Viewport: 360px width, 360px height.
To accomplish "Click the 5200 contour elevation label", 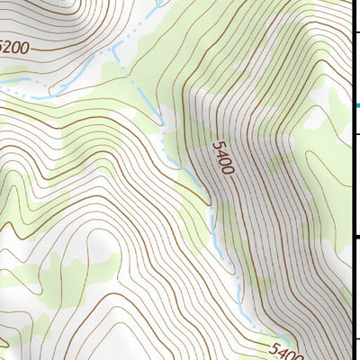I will point(13,45).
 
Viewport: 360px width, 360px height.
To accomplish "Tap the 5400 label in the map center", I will point(223,157).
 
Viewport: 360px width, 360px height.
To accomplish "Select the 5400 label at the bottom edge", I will point(286,349).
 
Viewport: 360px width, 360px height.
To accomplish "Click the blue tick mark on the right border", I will point(356,106).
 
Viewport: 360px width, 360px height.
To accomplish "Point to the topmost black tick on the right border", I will point(356,33).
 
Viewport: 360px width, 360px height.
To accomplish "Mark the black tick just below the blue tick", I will point(356,135).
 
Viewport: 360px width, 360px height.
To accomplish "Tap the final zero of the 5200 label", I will point(24,48).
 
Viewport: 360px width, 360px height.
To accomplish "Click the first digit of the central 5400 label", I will point(217,144).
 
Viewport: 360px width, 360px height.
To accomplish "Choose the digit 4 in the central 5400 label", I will point(220,152).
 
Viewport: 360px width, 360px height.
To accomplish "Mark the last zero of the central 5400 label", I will point(229,170).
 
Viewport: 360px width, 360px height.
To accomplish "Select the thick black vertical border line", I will point(351,180).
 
